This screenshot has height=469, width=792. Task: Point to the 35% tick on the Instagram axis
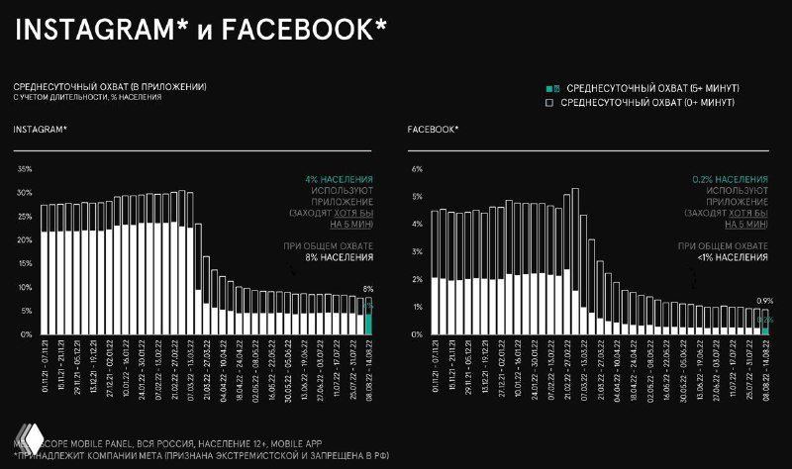click(26, 169)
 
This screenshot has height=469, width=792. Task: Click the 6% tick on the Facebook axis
click(417, 169)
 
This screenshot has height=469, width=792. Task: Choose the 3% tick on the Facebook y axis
click(417, 252)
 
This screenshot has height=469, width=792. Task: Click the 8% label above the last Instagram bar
click(368, 289)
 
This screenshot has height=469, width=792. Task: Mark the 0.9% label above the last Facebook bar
click(763, 301)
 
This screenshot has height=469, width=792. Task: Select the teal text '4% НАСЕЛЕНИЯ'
click(339, 178)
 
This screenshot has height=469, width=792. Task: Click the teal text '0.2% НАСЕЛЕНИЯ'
click(730, 178)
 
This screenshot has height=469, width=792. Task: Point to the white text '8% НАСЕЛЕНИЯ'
click(339, 257)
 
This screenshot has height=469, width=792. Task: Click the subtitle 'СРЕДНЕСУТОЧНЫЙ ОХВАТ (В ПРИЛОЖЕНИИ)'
click(110, 87)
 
